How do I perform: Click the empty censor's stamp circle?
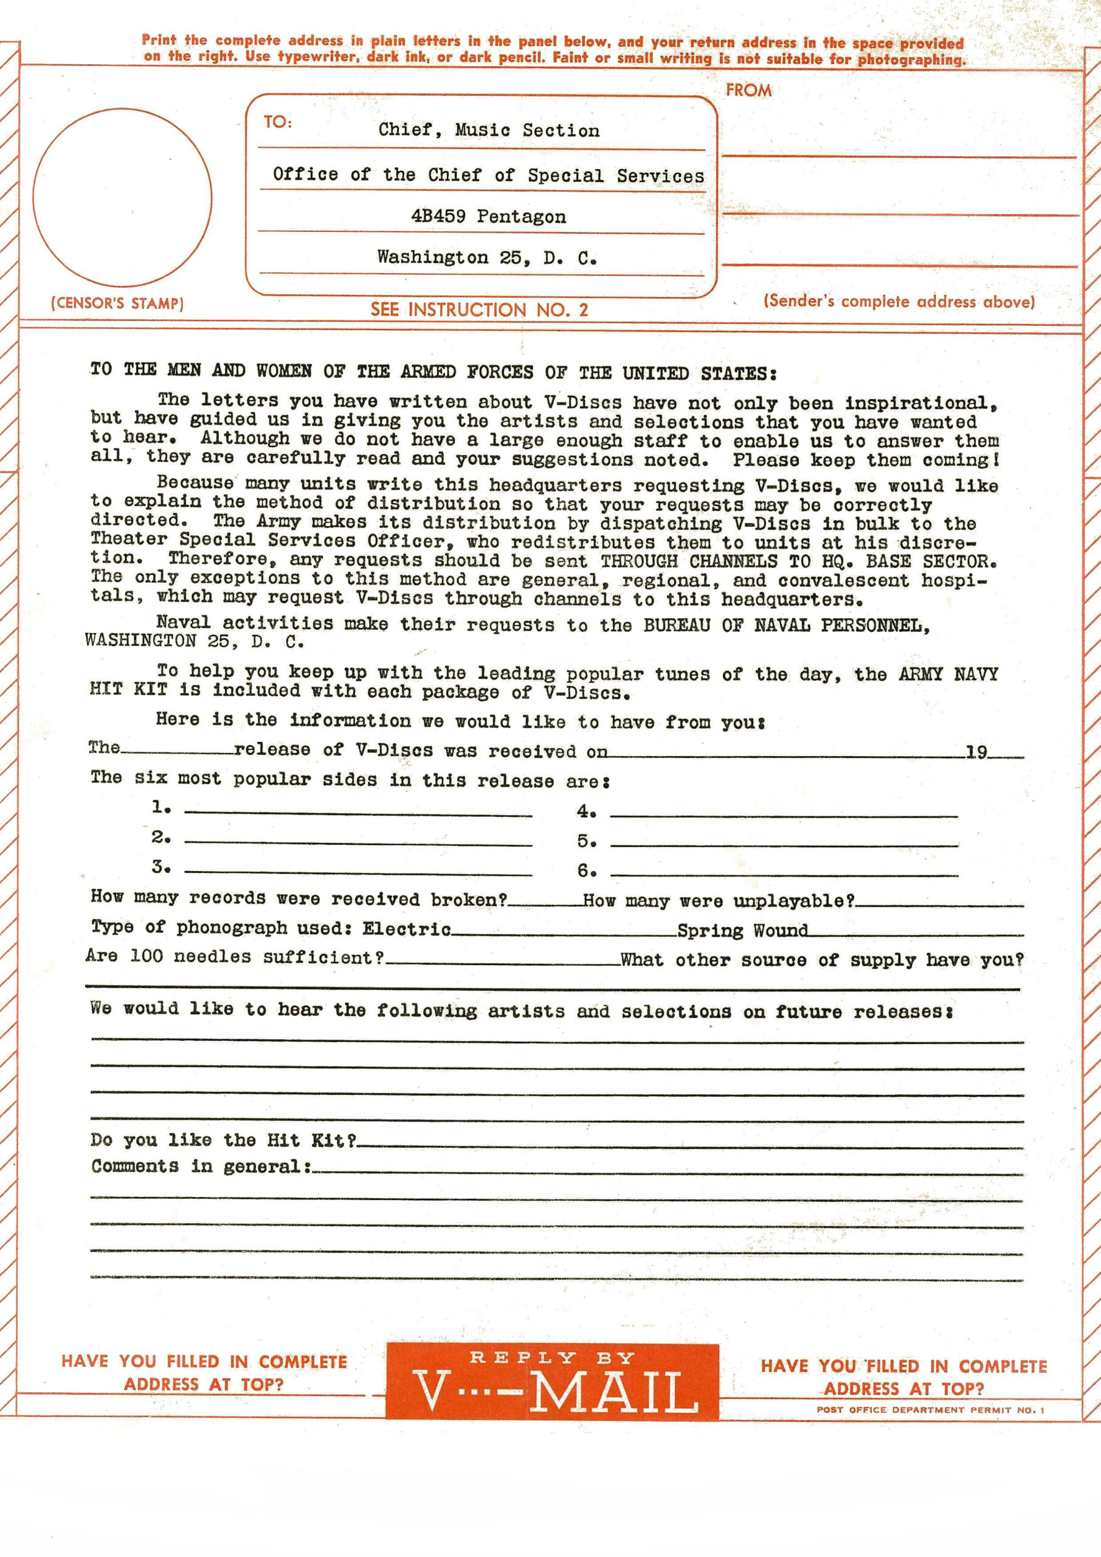pyautogui.click(x=122, y=197)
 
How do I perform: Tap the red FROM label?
pyautogui.click(x=748, y=90)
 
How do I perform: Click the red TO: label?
pyautogui.click(x=278, y=123)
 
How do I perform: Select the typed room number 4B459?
pyautogui.click(x=438, y=217)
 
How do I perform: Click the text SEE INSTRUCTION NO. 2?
pyautogui.click(x=478, y=310)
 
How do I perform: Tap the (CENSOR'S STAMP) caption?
pyautogui.click(x=117, y=303)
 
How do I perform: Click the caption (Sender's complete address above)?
pyautogui.click(x=899, y=301)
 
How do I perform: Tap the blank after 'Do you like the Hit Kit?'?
pyautogui.click(x=688, y=1142)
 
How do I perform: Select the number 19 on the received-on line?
pyautogui.click(x=976, y=752)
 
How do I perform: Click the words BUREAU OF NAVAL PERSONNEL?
pyautogui.click(x=785, y=625)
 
